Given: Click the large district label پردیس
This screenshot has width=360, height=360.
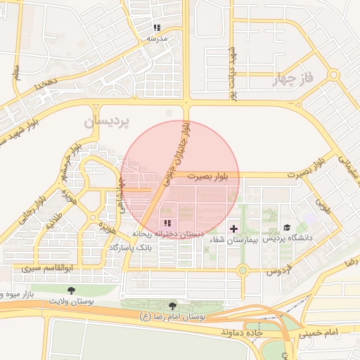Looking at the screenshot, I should pyautogui.click(x=108, y=122).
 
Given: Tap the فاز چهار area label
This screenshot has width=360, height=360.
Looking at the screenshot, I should pyautogui.click(x=294, y=78).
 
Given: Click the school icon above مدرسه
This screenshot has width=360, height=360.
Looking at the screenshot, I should pyautogui.click(x=157, y=28).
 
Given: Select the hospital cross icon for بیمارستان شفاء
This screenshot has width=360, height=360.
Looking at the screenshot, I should pyautogui.click(x=233, y=229).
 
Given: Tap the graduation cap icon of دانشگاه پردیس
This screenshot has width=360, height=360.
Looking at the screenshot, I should pyautogui.click(x=286, y=228).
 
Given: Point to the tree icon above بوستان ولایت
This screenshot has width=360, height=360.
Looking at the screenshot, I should pyautogui.click(x=70, y=290).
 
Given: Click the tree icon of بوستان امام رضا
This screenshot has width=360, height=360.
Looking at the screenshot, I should pyautogui.click(x=173, y=305).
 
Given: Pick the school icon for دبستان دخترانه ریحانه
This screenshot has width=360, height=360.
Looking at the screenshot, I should pyautogui.click(x=167, y=223).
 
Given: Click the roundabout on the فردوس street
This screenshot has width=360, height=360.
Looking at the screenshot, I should pyautogui.click(x=243, y=269).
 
